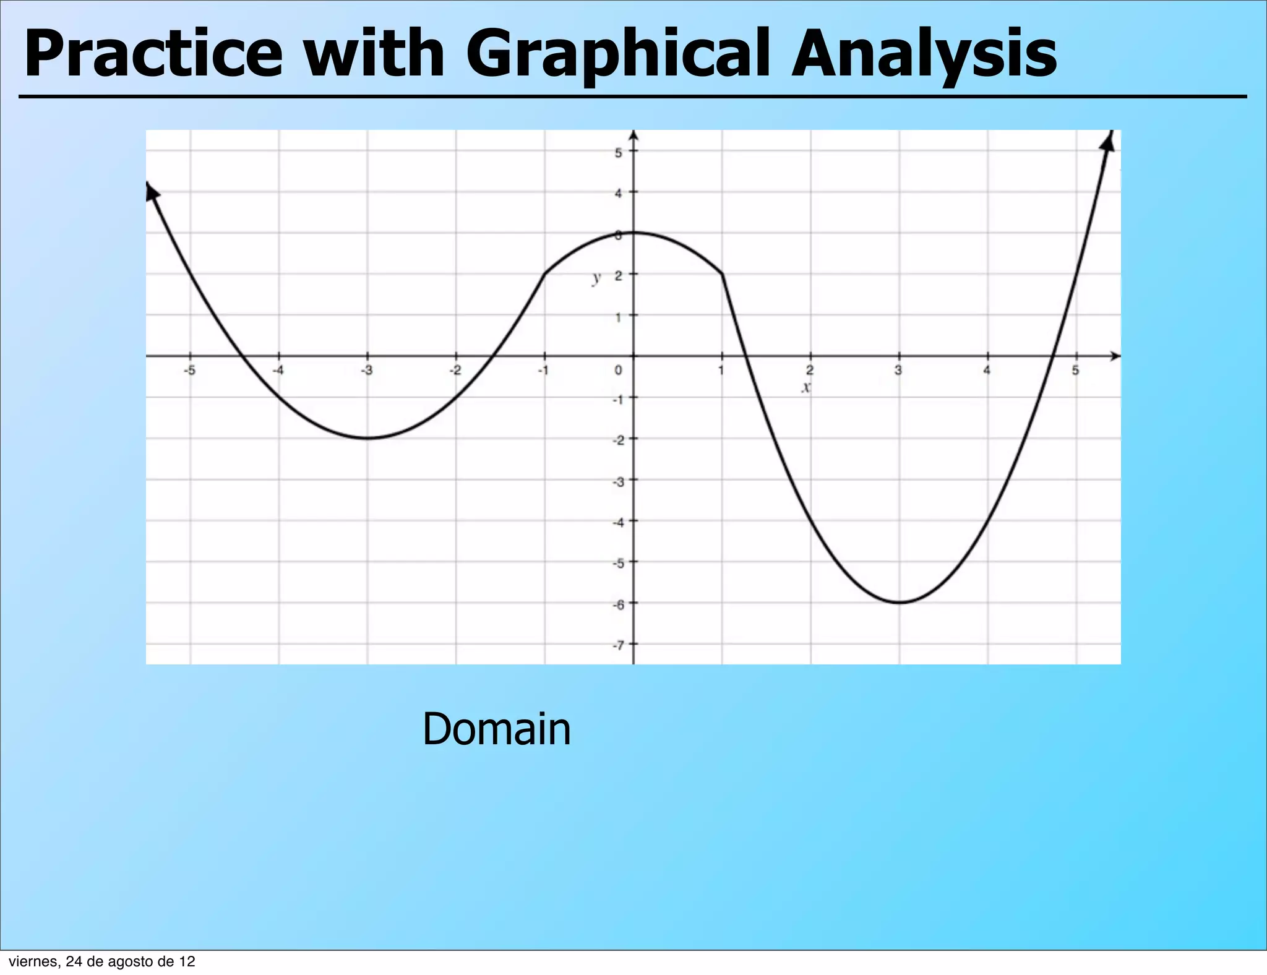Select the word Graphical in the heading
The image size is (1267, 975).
click(x=620, y=56)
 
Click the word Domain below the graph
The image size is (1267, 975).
click(x=496, y=729)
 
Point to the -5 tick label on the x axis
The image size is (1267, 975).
click(x=190, y=371)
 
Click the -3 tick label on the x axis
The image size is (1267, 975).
click(x=367, y=371)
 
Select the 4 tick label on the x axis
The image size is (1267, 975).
click(x=987, y=371)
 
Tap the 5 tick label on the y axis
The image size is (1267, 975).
click(x=618, y=152)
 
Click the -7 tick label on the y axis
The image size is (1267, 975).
click(x=617, y=645)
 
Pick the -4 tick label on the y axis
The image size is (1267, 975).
click(x=617, y=522)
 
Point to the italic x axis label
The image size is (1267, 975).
click(x=805, y=388)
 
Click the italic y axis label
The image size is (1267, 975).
click(x=596, y=278)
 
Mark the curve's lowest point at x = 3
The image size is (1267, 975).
click(x=900, y=603)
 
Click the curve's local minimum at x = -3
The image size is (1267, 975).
click(x=367, y=438)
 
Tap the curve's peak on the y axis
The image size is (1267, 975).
click(x=633, y=233)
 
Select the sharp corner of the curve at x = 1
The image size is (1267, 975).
click(x=722, y=274)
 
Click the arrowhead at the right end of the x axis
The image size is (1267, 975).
click(x=1115, y=356)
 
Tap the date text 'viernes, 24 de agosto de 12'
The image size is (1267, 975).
click(x=102, y=961)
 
